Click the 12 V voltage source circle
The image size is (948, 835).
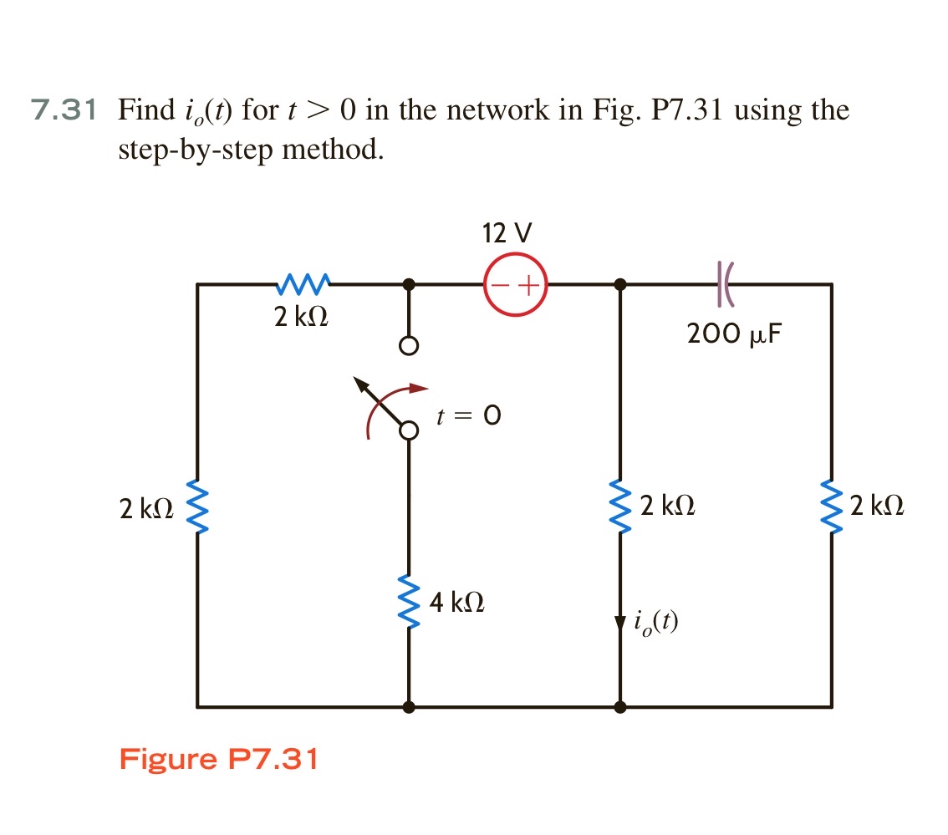click(515, 284)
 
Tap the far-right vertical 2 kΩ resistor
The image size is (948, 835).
click(832, 508)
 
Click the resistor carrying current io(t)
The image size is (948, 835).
click(619, 508)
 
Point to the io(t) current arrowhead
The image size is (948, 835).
click(619, 623)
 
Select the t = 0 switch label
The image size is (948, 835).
click(469, 415)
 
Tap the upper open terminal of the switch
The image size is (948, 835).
click(408, 346)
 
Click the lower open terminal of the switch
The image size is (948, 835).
click(408, 430)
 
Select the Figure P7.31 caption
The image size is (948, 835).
click(218, 760)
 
